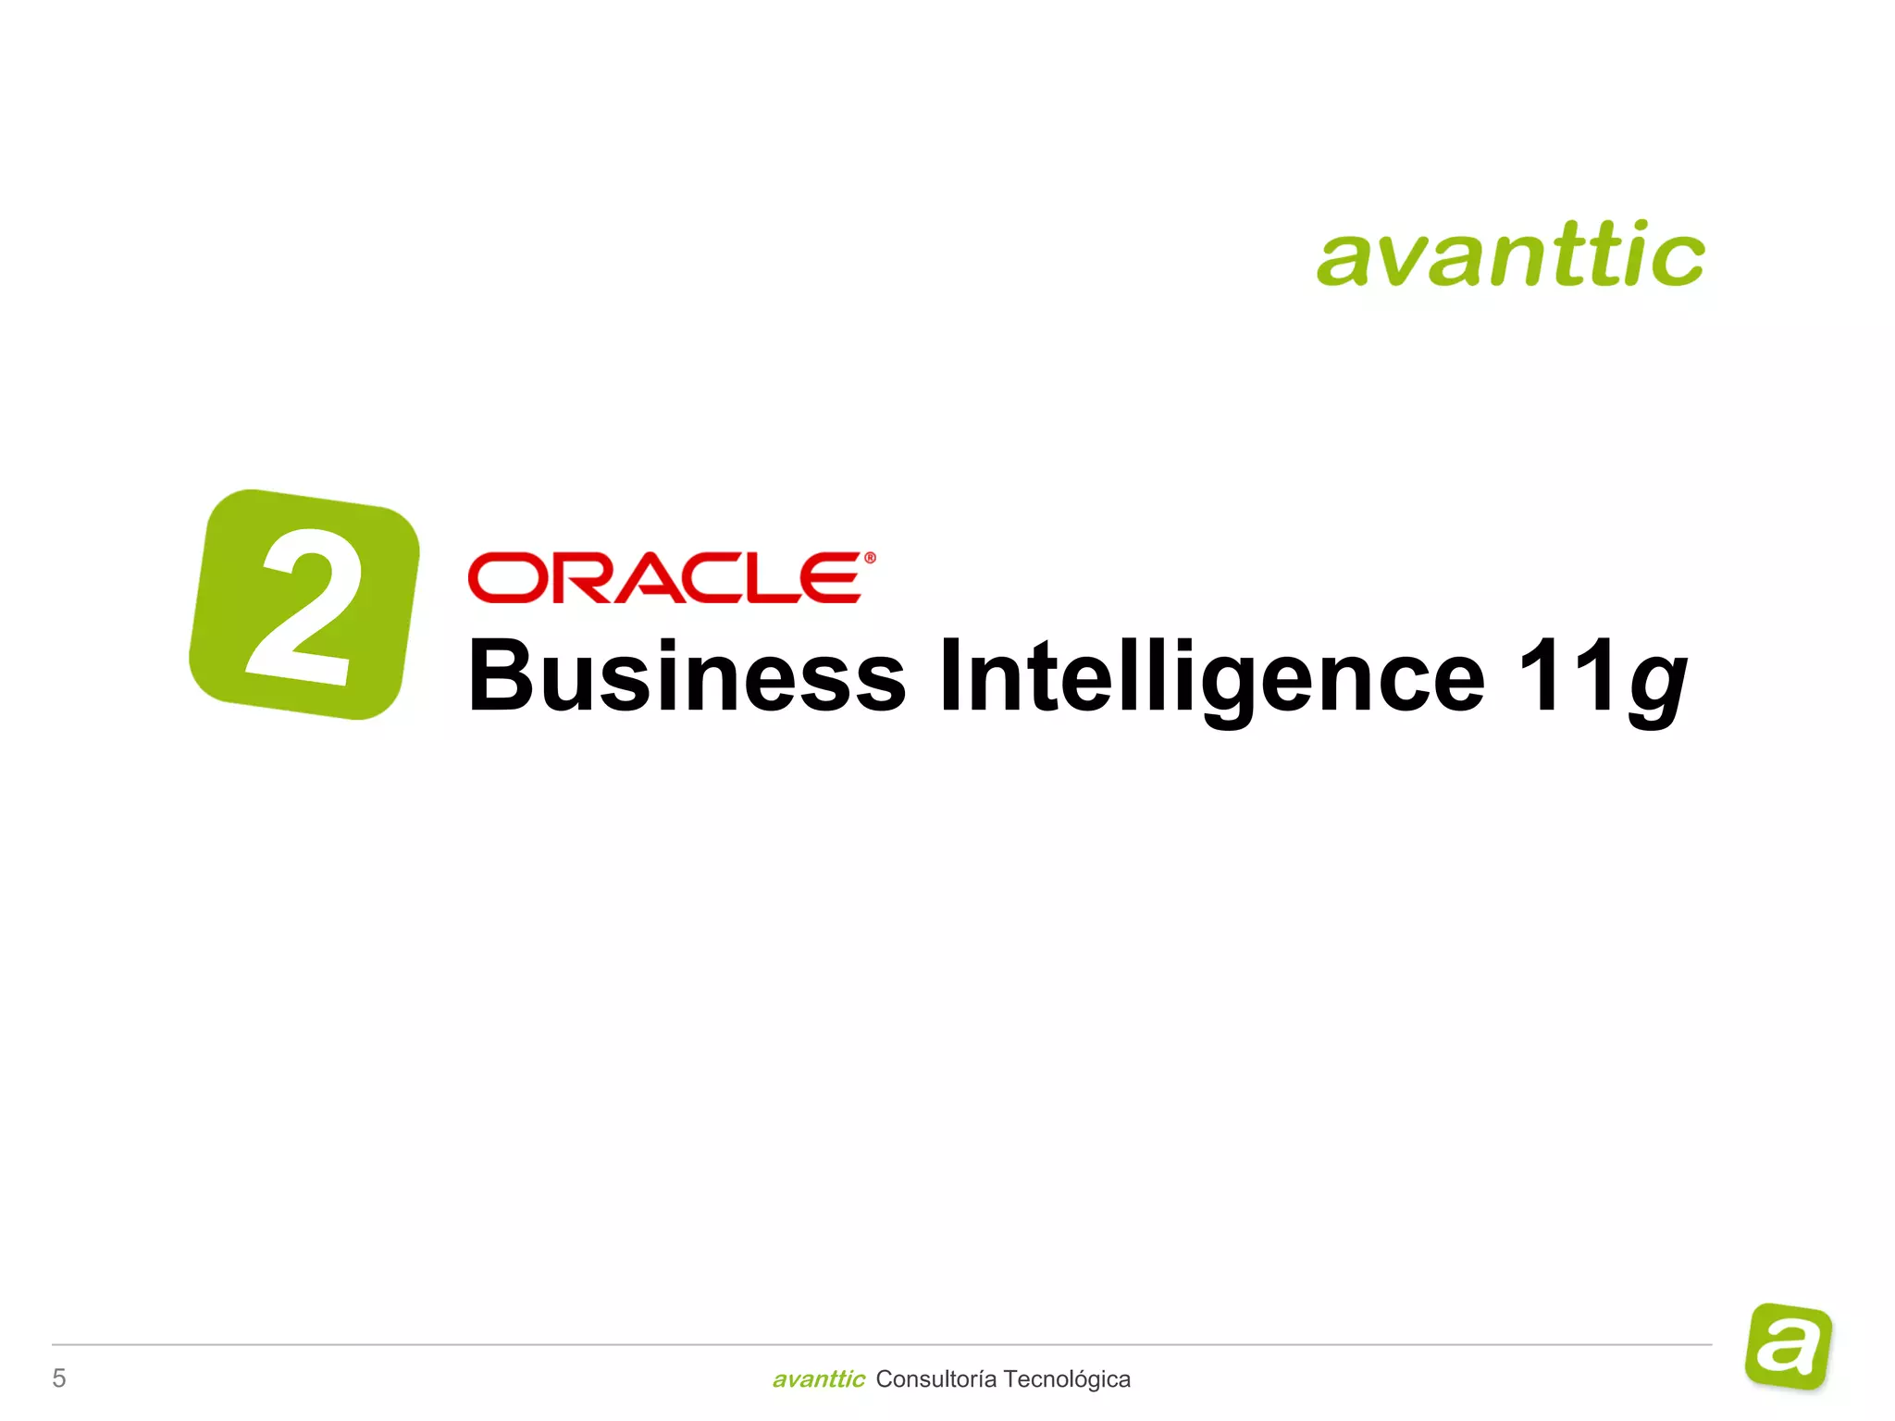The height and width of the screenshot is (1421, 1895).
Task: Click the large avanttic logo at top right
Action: coord(1510,254)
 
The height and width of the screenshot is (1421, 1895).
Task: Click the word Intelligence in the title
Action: coord(1211,676)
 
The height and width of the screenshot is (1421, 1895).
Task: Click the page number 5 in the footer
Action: coord(59,1378)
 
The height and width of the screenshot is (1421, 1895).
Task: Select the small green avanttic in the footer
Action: coord(818,1379)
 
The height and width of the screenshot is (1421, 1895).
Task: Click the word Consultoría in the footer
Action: coord(935,1379)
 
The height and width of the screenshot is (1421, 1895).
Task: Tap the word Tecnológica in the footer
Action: coord(1067,1379)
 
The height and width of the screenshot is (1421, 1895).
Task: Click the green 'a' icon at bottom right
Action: coord(1789,1346)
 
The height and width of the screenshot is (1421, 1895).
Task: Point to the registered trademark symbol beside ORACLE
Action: coord(870,558)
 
